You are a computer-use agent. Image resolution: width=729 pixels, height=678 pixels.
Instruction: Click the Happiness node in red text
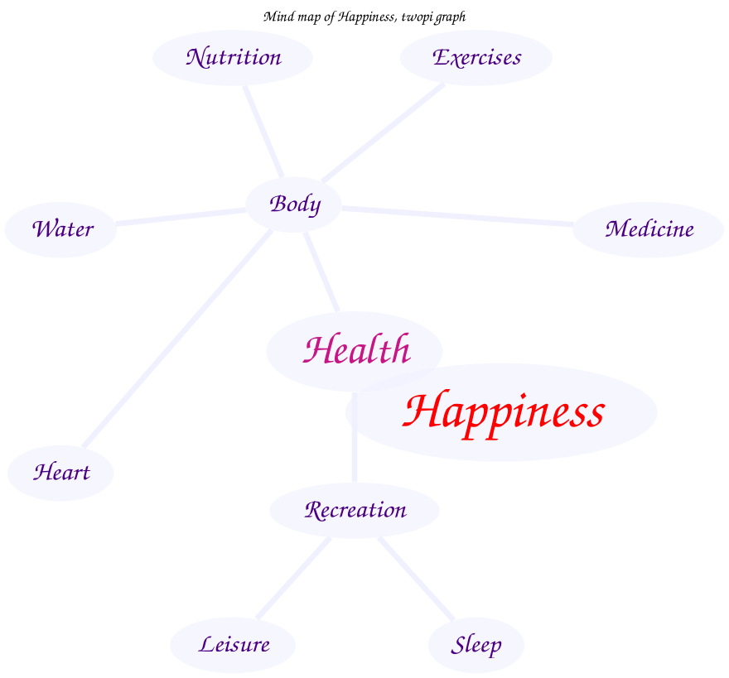(x=504, y=411)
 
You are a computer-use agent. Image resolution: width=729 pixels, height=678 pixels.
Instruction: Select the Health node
(x=356, y=350)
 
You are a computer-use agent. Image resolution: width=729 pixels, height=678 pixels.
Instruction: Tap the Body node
(x=294, y=204)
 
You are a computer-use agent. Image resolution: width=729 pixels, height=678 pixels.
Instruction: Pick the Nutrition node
(x=233, y=58)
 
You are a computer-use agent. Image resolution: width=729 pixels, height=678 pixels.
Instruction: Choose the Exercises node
(x=476, y=58)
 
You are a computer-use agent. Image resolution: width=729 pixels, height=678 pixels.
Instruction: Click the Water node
(x=61, y=229)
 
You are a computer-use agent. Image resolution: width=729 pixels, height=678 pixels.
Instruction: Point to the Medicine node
(x=649, y=229)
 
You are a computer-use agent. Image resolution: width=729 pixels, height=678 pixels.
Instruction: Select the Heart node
(x=60, y=473)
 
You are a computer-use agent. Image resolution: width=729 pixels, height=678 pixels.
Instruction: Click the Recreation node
(x=355, y=510)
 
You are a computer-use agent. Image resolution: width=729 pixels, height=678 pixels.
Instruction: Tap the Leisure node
(x=233, y=644)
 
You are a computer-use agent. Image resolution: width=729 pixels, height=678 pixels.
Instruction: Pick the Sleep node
(x=476, y=644)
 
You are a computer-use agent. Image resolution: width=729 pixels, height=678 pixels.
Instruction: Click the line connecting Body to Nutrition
(x=263, y=130)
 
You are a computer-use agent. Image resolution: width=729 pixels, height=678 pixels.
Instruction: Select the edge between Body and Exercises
(x=383, y=132)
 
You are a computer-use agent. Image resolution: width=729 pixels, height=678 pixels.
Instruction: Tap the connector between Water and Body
(x=181, y=217)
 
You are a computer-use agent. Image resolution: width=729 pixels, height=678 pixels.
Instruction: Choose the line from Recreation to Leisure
(x=293, y=578)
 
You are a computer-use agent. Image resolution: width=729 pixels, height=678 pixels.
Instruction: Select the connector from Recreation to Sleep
(x=416, y=578)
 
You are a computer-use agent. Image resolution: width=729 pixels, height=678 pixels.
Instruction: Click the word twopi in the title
(x=418, y=17)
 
